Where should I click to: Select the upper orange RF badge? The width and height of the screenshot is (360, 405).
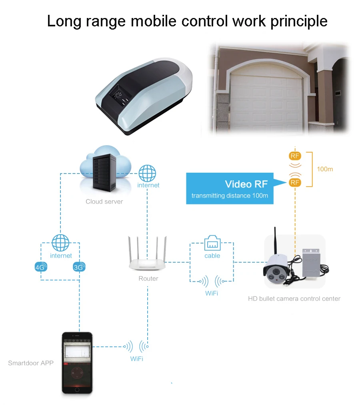click(295, 156)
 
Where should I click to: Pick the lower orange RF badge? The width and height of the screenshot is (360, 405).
click(295, 182)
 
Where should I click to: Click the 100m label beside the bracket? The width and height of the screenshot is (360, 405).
click(325, 169)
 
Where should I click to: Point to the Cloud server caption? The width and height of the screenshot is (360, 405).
click(104, 202)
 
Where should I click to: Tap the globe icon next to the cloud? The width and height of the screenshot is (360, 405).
click(147, 174)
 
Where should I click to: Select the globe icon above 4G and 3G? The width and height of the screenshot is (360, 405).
click(60, 243)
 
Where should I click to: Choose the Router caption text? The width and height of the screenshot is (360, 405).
click(148, 279)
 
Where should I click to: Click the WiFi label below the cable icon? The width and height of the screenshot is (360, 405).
click(212, 294)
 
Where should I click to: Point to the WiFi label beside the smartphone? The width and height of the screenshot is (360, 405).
click(136, 359)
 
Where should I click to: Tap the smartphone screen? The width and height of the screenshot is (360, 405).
click(77, 362)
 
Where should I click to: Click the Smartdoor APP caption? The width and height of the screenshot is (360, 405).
click(31, 363)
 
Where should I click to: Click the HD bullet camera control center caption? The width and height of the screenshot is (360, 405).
click(294, 299)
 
